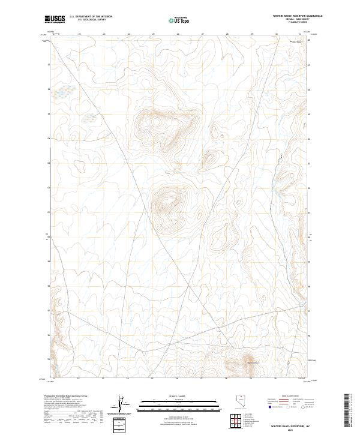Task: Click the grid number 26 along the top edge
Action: pyautogui.click(x=178, y=34)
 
